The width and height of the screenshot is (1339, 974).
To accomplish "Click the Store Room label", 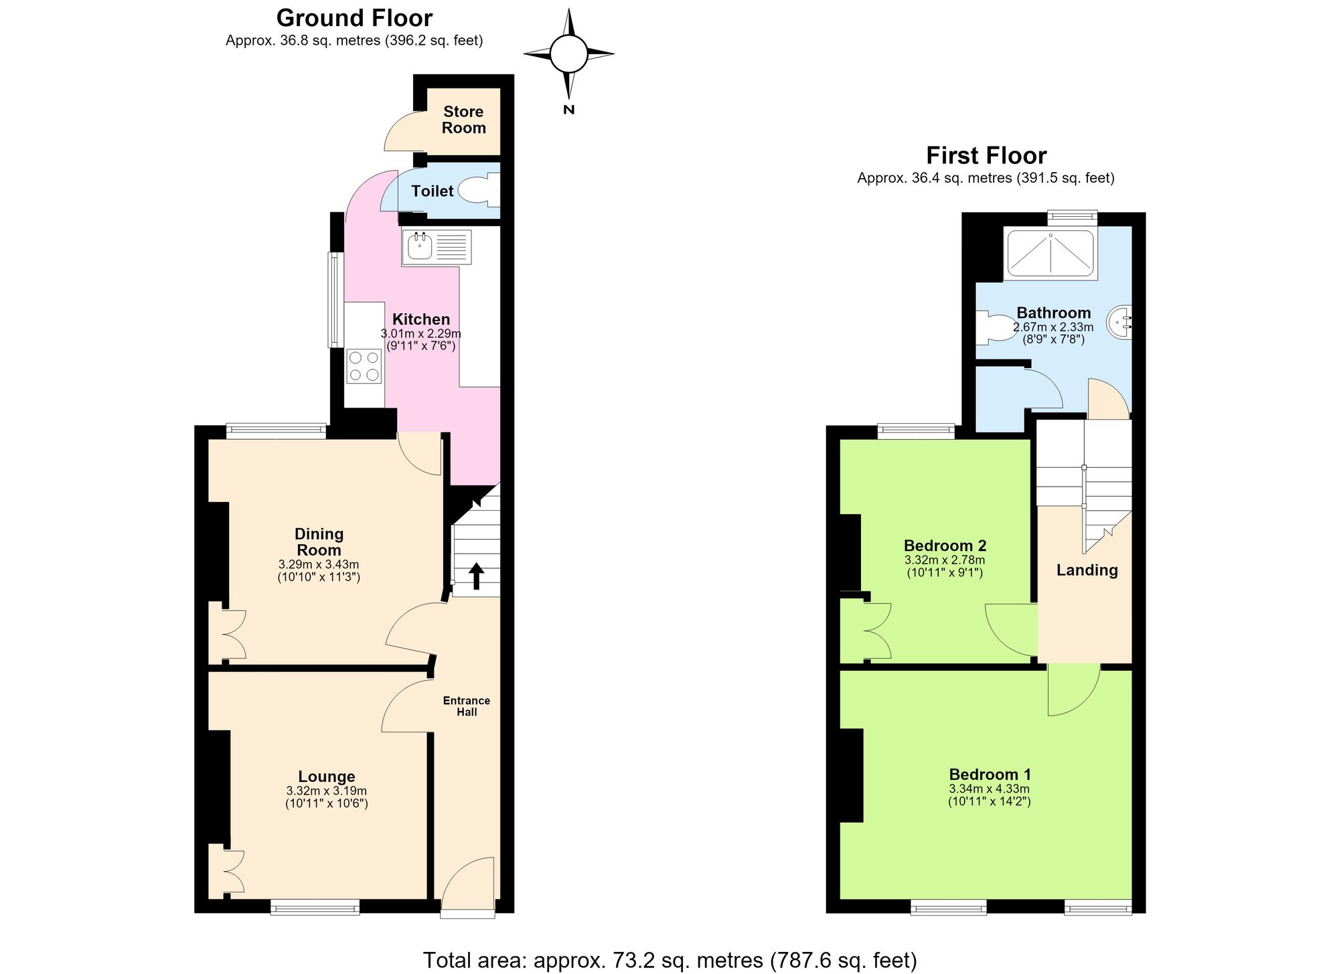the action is pyautogui.click(x=464, y=120).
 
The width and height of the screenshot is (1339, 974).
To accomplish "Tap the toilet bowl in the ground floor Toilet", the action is pyautogui.click(x=480, y=189).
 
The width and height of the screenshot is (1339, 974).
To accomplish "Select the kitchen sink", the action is pyautogui.click(x=437, y=248).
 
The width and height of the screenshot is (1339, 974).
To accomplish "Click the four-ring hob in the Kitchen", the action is pyautogui.click(x=364, y=366).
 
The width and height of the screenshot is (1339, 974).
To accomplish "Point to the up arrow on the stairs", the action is pyautogui.click(x=476, y=576).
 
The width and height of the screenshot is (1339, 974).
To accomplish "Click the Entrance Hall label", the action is pyautogui.click(x=467, y=706).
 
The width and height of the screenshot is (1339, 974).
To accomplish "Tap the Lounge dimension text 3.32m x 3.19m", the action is pyautogui.click(x=326, y=791).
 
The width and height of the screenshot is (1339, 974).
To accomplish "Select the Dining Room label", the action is pyautogui.click(x=319, y=542).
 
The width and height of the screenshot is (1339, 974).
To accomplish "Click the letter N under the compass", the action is pyautogui.click(x=568, y=110).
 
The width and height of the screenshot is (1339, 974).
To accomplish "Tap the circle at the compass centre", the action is pyautogui.click(x=568, y=53).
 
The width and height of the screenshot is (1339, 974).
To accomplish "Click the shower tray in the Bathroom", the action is pyautogui.click(x=1051, y=253).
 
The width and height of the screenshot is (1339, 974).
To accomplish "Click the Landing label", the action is pyautogui.click(x=1087, y=570).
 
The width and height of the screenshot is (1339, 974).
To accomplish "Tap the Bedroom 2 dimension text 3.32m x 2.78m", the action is pyautogui.click(x=945, y=560).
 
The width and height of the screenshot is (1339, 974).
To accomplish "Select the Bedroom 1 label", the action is pyautogui.click(x=990, y=775).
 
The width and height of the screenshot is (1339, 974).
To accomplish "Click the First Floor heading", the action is pyautogui.click(x=986, y=155).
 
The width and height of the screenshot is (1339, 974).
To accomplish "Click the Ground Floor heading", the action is pyautogui.click(x=354, y=17).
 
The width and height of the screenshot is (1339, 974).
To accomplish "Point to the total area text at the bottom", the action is pyautogui.click(x=669, y=960).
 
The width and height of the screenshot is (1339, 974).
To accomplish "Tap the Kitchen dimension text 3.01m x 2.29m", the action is pyautogui.click(x=420, y=333).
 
